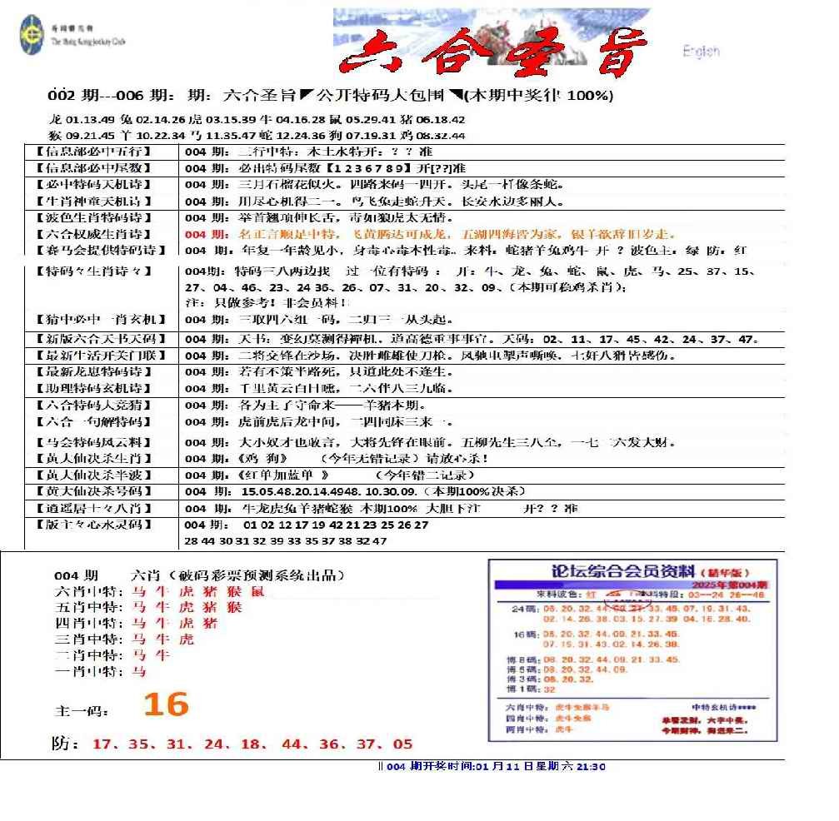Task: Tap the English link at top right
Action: click(x=701, y=52)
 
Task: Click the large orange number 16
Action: click(x=166, y=705)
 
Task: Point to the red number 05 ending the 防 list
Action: click(x=403, y=744)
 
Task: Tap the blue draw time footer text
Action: click(x=492, y=767)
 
